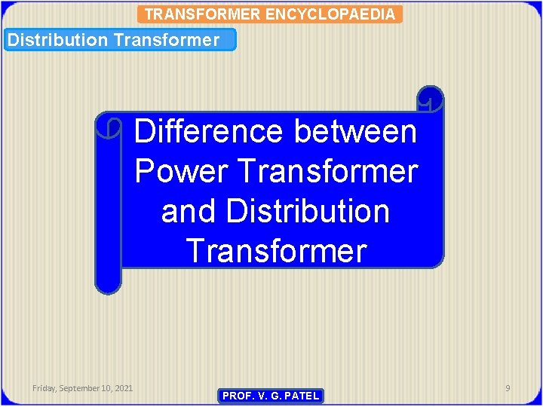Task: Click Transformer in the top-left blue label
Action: pos(166,40)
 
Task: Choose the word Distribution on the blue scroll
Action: pos(308,211)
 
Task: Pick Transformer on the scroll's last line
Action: pos(276,250)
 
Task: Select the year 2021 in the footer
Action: pos(124,388)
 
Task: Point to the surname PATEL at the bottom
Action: pos(301,396)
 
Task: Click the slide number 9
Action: pos(508,388)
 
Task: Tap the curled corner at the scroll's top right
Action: pos(430,99)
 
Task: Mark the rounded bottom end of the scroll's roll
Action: pos(108,284)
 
